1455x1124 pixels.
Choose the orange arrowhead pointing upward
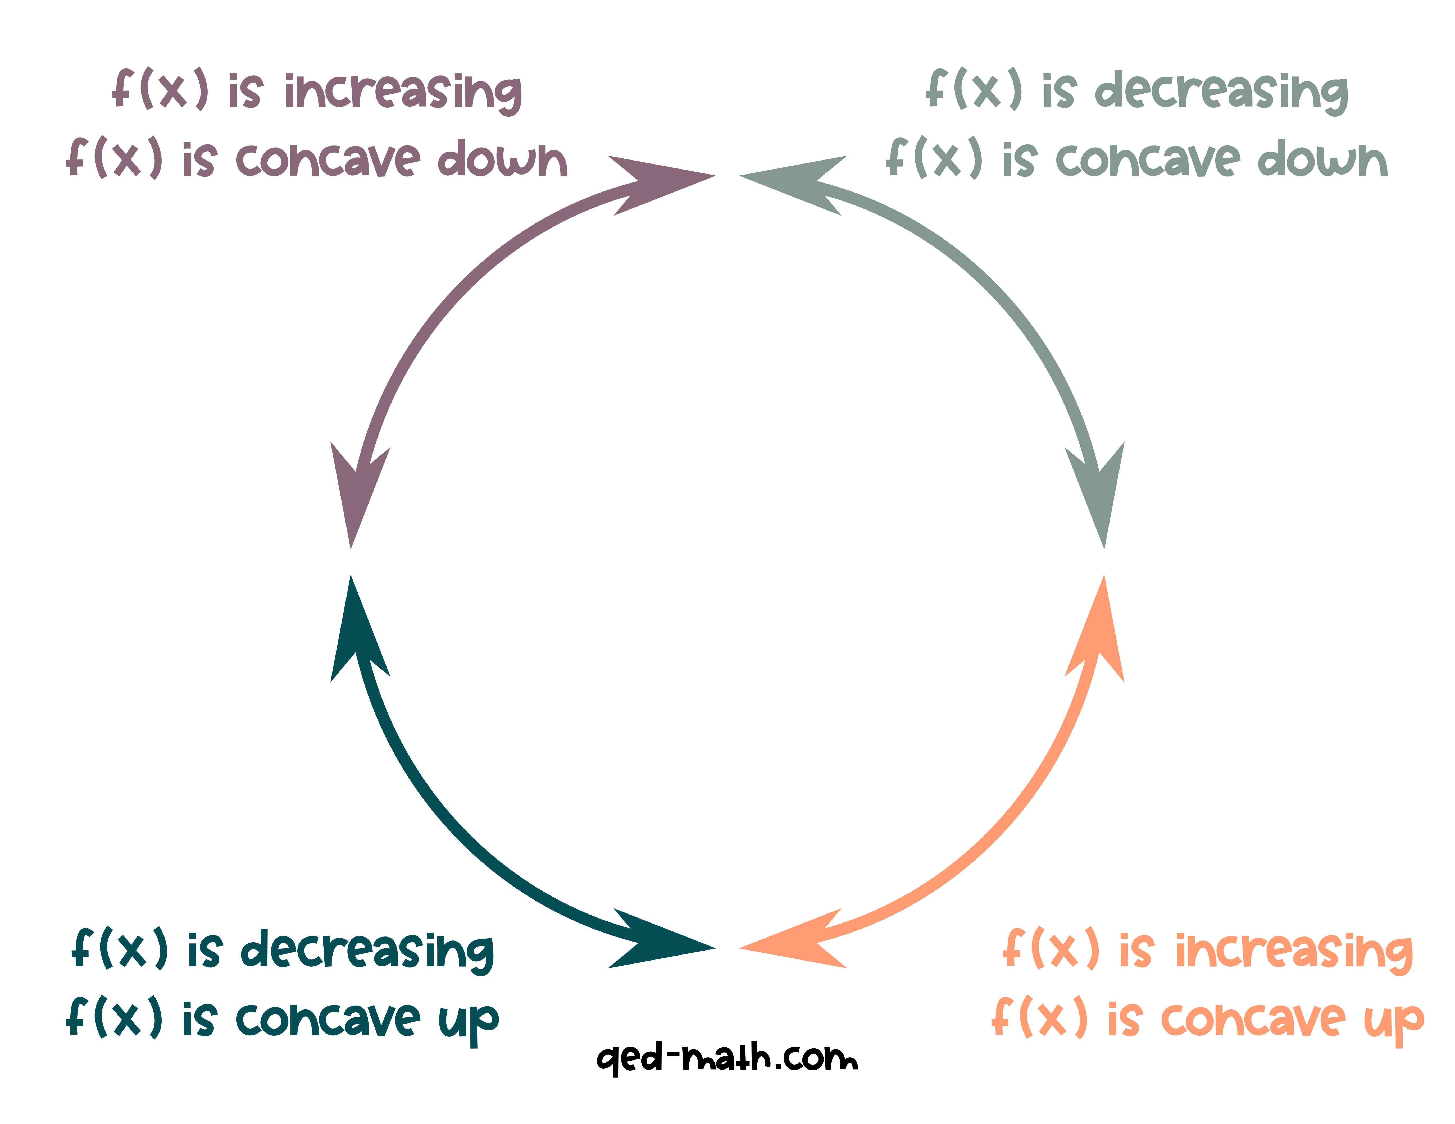point(1099,633)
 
